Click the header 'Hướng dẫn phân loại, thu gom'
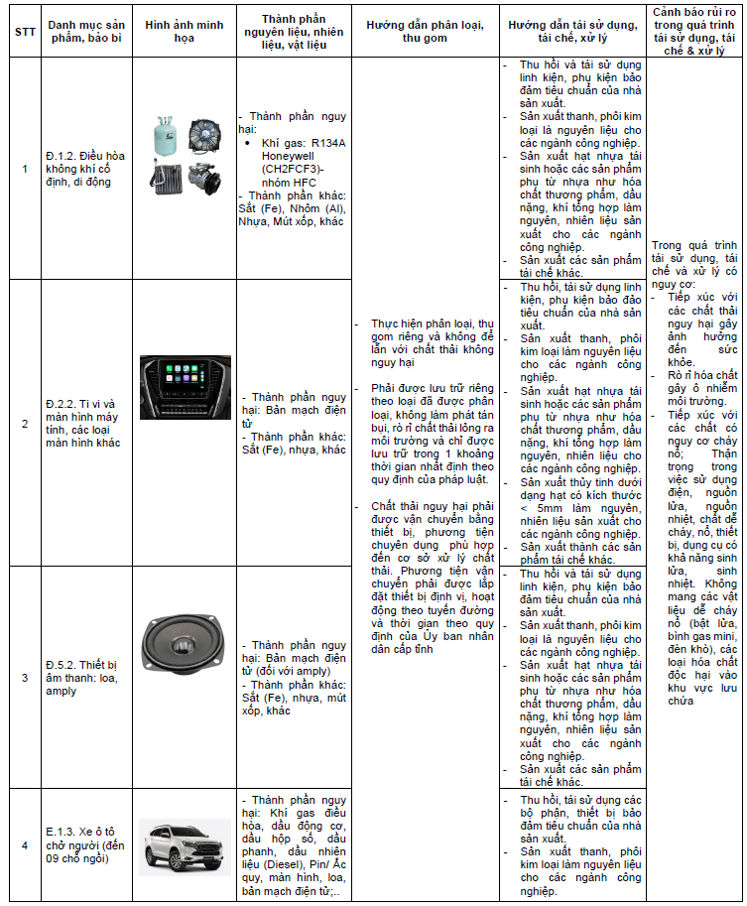pos(425,31)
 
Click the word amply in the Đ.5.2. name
pos(61,691)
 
